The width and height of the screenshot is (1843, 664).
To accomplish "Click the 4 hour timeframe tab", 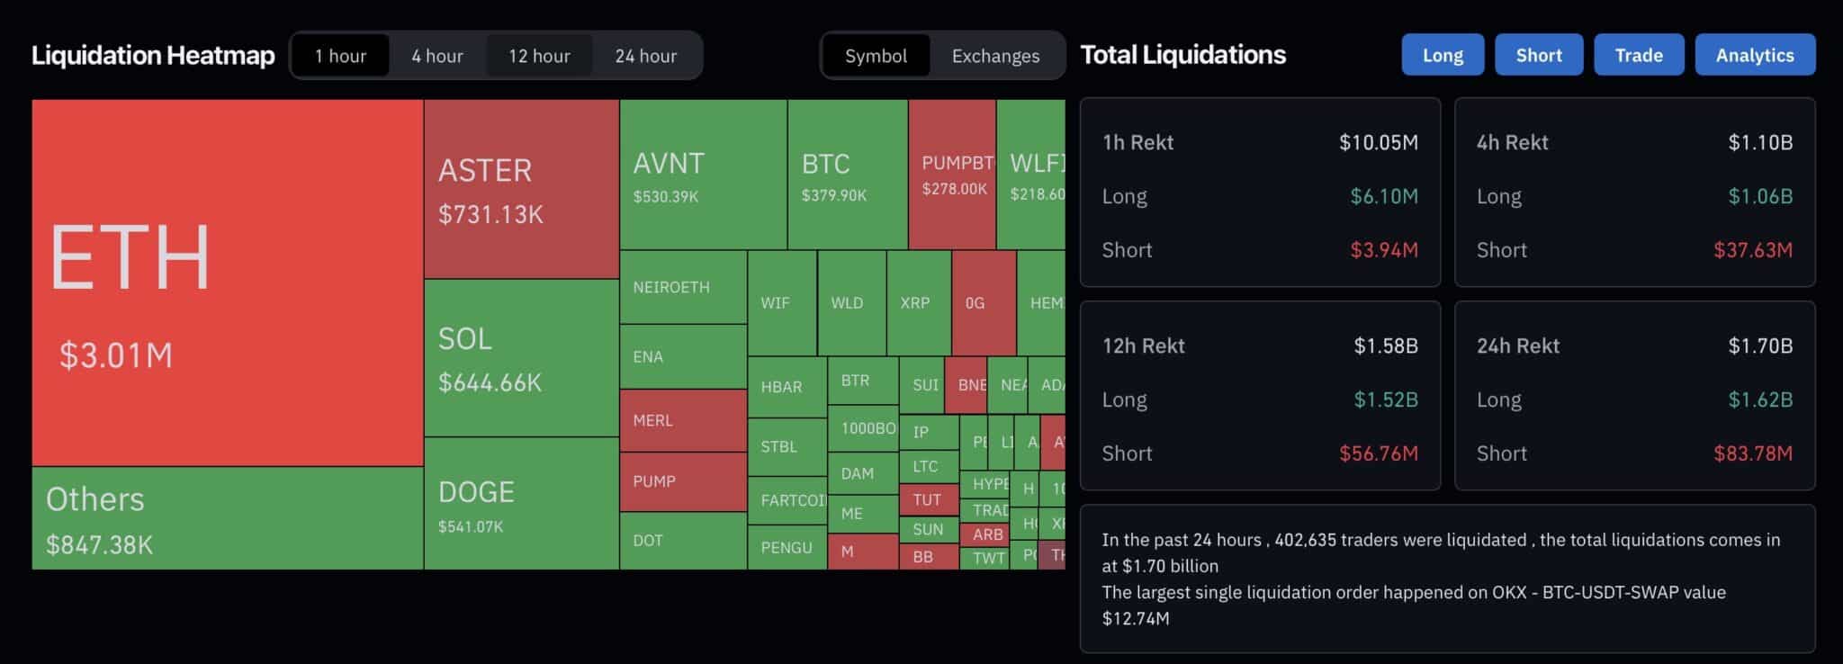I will [437, 56].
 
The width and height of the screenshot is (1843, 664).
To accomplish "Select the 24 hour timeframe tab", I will [645, 56].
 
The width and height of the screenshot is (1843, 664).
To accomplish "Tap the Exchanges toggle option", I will [995, 56].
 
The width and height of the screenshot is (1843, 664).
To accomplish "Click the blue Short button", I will [1538, 55].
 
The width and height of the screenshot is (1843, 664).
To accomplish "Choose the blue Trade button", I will [1638, 55].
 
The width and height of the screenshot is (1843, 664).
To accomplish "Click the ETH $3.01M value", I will [116, 355].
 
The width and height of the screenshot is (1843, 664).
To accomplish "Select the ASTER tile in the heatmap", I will [521, 189].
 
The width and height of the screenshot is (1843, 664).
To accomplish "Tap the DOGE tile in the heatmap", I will [521, 504].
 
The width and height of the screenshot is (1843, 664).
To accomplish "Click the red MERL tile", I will [682, 420].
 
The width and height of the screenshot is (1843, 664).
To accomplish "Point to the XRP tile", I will [917, 303].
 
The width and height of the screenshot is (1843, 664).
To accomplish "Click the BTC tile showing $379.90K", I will [846, 175].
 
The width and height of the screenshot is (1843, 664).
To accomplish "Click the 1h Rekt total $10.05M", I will [1378, 142].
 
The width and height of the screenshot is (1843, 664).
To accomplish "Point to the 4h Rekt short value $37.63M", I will [1752, 250].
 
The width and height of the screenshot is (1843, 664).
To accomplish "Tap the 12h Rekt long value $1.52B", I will [1385, 399].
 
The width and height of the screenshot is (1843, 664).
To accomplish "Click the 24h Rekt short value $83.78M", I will [1752, 453].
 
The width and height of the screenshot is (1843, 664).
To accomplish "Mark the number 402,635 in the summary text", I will [1309, 540].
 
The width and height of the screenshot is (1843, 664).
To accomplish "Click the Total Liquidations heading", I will [1182, 55].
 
